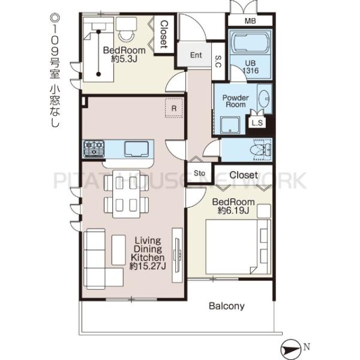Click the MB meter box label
(x=250, y=21)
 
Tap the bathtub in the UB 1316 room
(x=250, y=43)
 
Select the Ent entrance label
(x=196, y=55)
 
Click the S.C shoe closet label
(x=218, y=61)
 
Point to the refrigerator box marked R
(x=174, y=108)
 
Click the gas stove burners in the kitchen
(x=94, y=149)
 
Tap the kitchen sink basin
(x=136, y=149)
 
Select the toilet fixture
(x=260, y=150)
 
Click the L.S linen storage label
(x=257, y=123)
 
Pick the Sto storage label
(x=199, y=173)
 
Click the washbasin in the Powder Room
(x=264, y=98)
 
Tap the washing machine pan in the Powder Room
(x=230, y=125)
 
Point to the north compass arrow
(x=290, y=349)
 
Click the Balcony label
(x=226, y=306)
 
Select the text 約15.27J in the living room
(x=148, y=266)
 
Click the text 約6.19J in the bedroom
(x=233, y=211)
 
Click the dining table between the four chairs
(x=126, y=194)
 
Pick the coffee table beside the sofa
(x=118, y=250)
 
